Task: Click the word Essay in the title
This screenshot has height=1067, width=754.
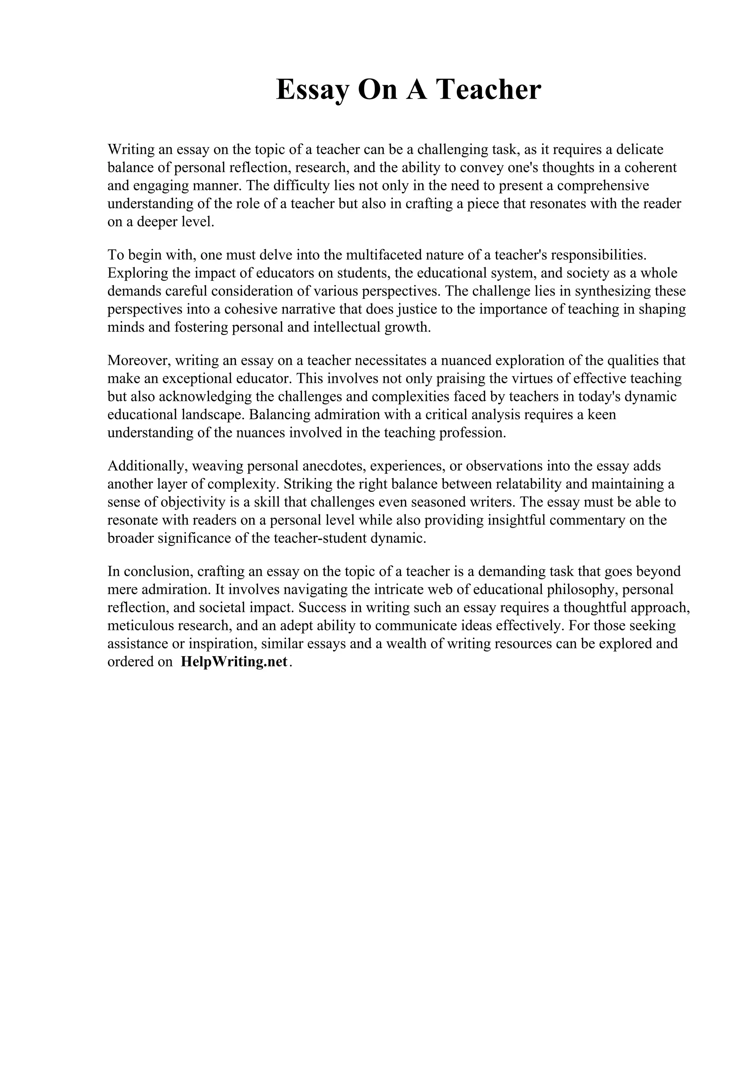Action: pyautogui.click(x=312, y=90)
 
